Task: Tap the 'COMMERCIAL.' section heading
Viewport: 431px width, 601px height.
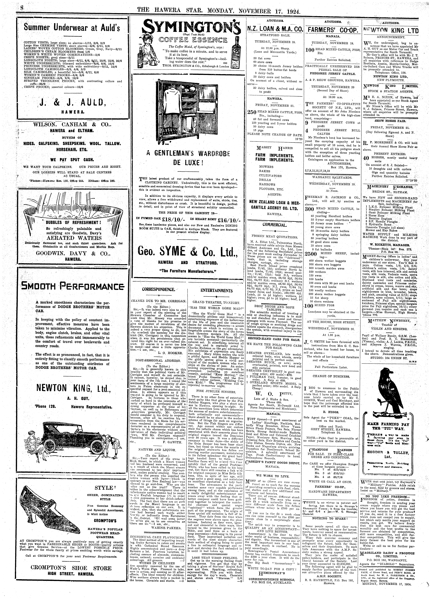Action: click(274, 225)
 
